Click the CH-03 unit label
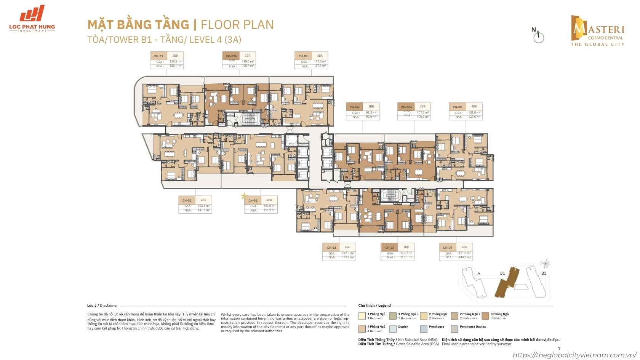point(158,56)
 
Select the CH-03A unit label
point(231,56)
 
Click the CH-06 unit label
point(354,107)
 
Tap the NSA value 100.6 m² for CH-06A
point(422,116)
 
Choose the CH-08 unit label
point(457,107)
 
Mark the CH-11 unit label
point(331,248)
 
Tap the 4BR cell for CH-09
point(464,247)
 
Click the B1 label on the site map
point(502,273)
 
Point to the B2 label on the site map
point(544,273)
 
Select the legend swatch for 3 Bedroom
point(485,316)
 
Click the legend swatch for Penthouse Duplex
point(454,328)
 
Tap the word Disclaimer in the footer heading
point(109,306)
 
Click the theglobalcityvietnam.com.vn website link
point(575,355)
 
